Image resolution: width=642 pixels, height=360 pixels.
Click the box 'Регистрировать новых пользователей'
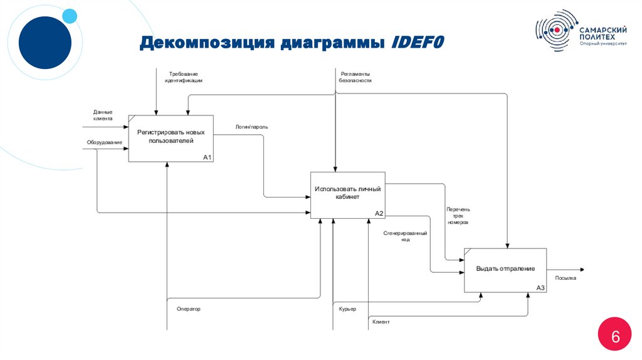click(x=171, y=138)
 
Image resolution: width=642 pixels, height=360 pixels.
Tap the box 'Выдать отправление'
click(x=505, y=269)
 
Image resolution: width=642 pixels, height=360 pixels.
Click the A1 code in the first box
click(x=208, y=157)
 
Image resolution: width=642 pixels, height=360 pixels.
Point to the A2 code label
click(x=379, y=214)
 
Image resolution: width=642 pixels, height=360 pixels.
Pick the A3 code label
click(x=540, y=288)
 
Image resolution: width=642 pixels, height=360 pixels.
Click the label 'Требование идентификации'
click(x=184, y=77)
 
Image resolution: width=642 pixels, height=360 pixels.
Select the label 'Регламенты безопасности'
click(x=355, y=77)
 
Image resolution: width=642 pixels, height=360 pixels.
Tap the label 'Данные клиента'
click(x=103, y=115)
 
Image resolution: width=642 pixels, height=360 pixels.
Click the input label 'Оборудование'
click(x=104, y=142)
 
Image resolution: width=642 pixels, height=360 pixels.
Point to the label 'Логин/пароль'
click(x=251, y=127)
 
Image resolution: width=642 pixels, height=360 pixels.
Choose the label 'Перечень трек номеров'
click(x=458, y=216)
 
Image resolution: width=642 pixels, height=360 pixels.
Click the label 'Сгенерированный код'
click(x=406, y=236)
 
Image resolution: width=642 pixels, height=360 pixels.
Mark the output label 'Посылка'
click(x=566, y=278)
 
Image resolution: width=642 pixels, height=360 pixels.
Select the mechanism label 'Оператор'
click(x=188, y=309)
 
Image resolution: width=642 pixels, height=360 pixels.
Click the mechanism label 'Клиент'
click(x=381, y=322)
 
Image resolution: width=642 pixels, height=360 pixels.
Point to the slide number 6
click(x=615, y=337)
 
